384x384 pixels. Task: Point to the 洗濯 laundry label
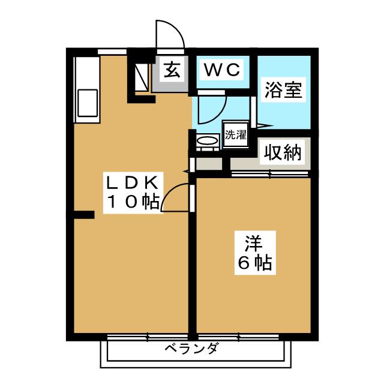[x=236, y=135]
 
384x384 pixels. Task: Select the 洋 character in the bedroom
[x=254, y=243]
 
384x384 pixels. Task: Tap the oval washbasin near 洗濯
[x=208, y=141]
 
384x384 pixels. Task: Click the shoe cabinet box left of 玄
[x=142, y=76]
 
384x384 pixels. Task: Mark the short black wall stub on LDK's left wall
[x=84, y=215]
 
